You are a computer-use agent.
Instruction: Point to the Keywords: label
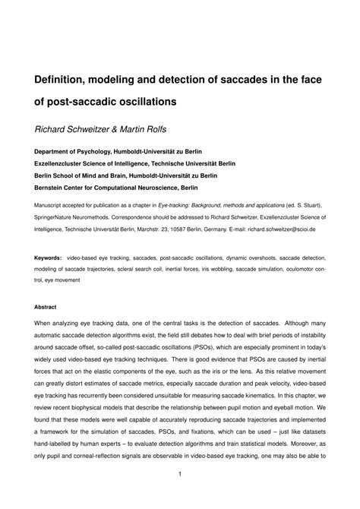pyautogui.click(x=48, y=258)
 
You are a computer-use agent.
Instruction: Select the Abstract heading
pyautogui.click(x=46, y=308)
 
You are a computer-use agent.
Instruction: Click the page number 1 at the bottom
pyautogui.click(x=180, y=476)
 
